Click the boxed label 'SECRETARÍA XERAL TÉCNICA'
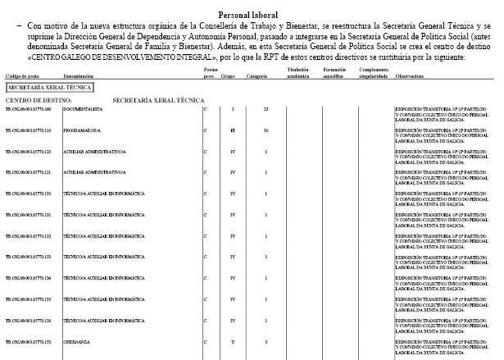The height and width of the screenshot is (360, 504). pos(49,86)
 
